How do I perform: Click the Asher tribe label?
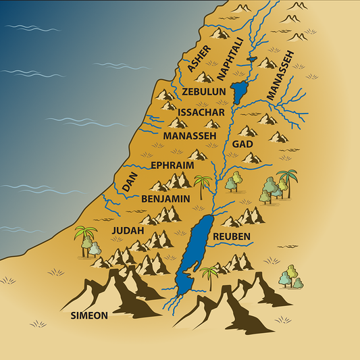pos(199,59)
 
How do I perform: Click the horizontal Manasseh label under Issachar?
pos(189,136)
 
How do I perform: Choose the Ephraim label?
pos(172,165)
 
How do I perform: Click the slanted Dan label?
pos(130,182)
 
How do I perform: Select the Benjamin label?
pos(165,199)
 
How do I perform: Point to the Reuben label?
pos(232,236)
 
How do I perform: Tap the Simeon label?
pos(89,315)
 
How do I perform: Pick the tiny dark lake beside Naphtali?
pos(252,59)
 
